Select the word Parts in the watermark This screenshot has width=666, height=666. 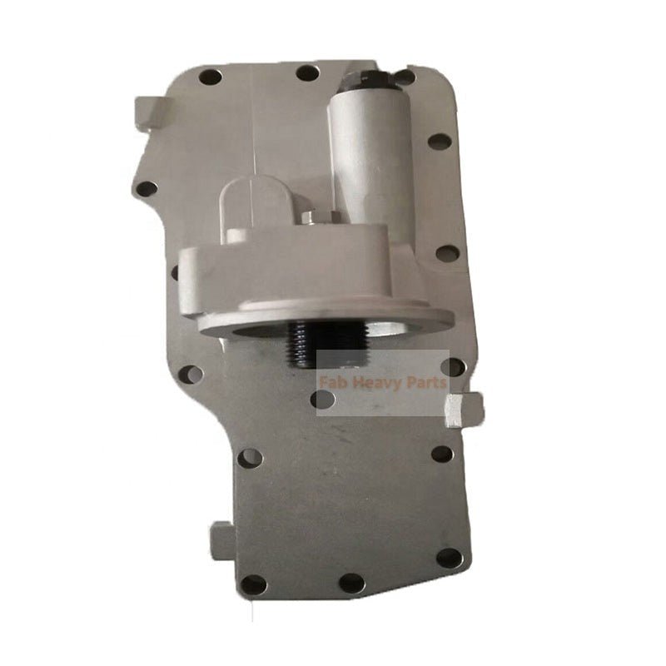(424, 384)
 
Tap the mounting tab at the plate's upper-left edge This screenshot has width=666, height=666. (148, 112)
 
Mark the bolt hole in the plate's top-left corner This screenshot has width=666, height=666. (211, 77)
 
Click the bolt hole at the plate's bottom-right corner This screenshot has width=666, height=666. (449, 557)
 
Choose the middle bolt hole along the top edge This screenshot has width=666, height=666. (307, 73)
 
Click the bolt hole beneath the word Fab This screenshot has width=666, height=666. (322, 400)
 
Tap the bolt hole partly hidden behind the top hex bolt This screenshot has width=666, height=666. (405, 77)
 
